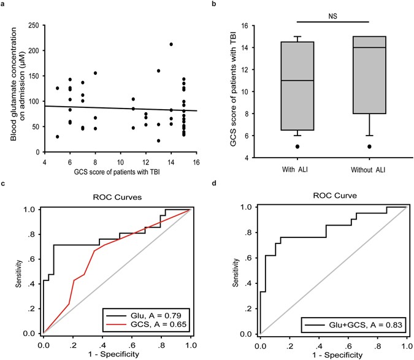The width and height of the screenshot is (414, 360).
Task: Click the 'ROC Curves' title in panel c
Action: pos(117,199)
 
